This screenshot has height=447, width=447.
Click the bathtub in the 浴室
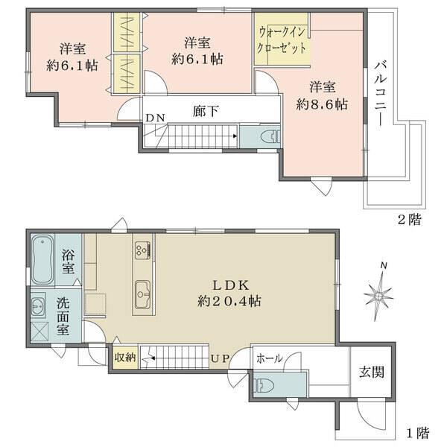(43, 258)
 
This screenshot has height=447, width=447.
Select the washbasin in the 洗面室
(39, 305)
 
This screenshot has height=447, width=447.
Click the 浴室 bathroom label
(69, 261)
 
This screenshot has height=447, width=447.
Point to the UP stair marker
(220, 359)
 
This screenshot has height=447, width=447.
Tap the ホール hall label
(269, 358)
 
